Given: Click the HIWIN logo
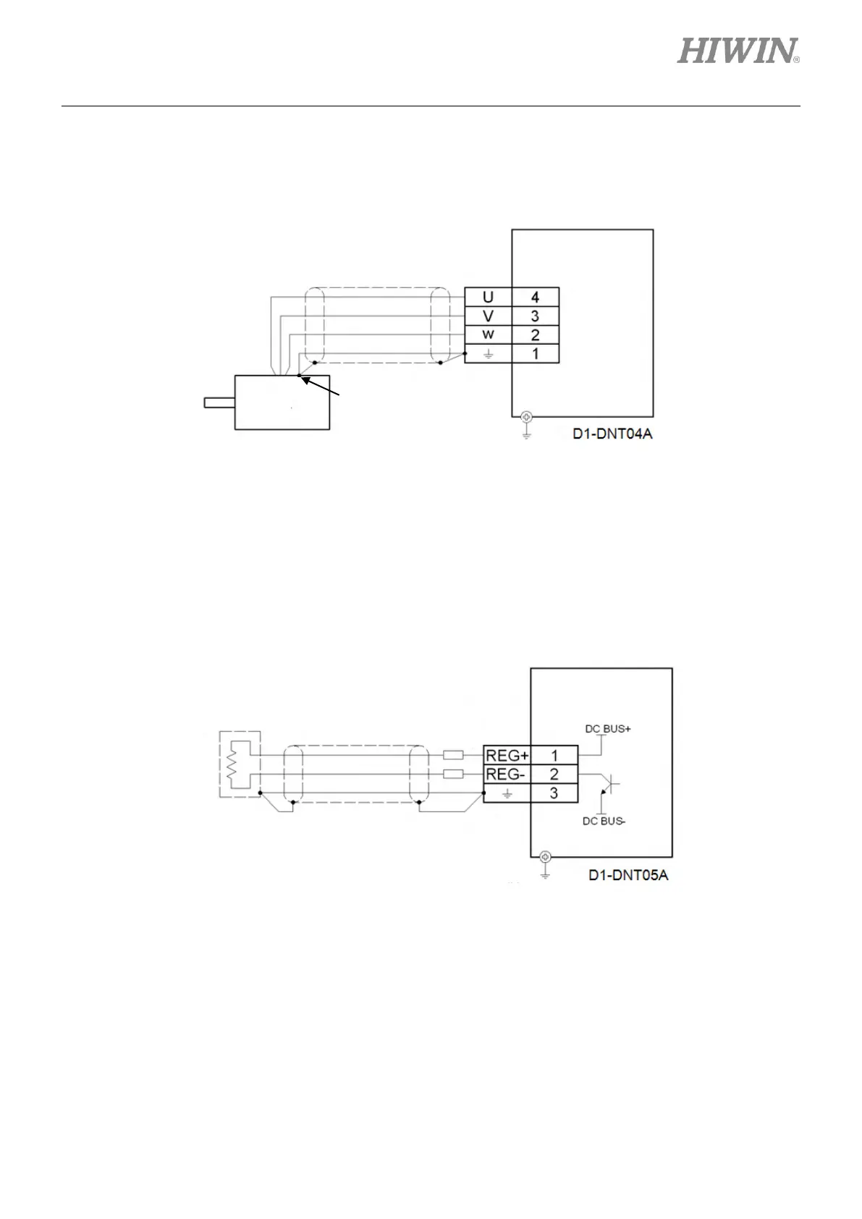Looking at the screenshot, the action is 738,51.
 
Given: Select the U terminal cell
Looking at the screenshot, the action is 488,298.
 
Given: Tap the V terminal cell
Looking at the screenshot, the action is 488,316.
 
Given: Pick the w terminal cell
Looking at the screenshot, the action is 488,335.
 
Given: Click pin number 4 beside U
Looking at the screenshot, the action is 535,298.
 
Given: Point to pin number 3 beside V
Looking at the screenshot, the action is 535,316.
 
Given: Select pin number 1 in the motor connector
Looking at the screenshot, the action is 535,354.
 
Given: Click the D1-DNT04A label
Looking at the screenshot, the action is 612,435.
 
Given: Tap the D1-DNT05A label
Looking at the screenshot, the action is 628,875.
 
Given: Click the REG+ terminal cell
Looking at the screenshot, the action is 507,756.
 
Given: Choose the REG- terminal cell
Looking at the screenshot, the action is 505,775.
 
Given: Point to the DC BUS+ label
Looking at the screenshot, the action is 608,729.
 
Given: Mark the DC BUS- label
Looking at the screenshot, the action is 604,822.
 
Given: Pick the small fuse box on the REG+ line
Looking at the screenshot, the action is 452,755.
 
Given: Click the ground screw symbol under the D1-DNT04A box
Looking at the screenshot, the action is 526,416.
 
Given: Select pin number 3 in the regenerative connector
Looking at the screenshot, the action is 554,793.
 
